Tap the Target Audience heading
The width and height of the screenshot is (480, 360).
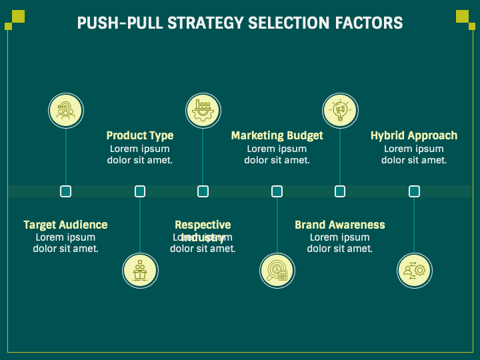[65, 225]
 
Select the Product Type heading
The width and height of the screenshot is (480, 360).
[140, 135]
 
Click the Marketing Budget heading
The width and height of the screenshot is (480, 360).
[277, 135]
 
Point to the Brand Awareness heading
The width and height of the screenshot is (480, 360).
[340, 225]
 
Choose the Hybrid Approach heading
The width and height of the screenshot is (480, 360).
[414, 135]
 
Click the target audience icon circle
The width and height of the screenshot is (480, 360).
[65, 109]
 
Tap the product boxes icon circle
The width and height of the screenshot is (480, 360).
[140, 271]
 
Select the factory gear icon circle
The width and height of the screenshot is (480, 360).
[203, 109]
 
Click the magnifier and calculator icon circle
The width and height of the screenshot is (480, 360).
[277, 271]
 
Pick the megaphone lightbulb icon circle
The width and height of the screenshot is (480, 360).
[340, 109]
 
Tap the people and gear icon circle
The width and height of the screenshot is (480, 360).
[414, 271]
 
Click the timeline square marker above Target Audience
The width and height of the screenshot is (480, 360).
[65, 191]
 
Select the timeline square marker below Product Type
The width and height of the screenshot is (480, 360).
[140, 191]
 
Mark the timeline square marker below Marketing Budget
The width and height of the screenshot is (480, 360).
[277, 191]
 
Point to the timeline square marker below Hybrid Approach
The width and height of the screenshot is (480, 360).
[414, 191]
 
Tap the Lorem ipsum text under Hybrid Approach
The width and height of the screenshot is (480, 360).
[414, 155]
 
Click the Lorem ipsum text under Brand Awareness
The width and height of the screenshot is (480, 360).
[340, 243]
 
